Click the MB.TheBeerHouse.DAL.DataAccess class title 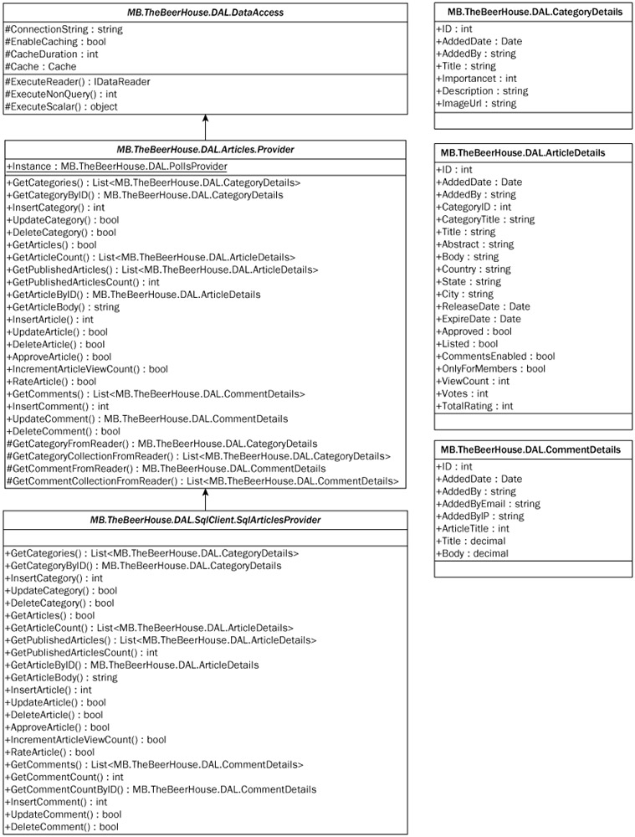click(205, 13)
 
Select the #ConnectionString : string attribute click(64, 29)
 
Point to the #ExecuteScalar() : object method click(61, 106)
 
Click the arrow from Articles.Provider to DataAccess click(205, 128)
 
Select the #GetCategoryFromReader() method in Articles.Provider click(161, 444)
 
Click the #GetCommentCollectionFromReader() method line click(201, 481)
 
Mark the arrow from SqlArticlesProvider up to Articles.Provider click(205, 499)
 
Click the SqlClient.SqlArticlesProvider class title click(205, 521)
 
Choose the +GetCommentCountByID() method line click(161, 789)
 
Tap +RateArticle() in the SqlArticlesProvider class click(50, 752)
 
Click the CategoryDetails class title click(534, 12)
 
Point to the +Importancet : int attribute click(477, 79)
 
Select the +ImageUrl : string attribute click(476, 104)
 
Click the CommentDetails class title click(534, 449)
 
